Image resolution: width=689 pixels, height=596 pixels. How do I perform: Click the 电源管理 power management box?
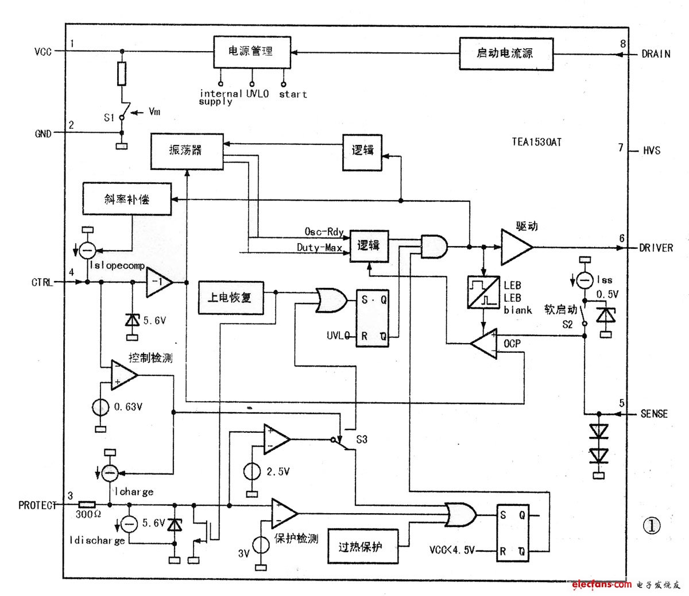click(251, 52)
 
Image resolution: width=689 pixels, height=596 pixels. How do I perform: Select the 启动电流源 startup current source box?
click(506, 54)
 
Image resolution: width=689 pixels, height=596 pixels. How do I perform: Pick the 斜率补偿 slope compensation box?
click(127, 199)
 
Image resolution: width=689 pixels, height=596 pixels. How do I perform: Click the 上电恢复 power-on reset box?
click(231, 298)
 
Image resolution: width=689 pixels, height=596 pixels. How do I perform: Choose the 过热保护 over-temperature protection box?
click(363, 546)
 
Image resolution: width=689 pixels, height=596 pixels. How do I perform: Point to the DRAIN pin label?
click(655, 55)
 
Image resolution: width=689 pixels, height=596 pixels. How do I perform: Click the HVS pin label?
click(650, 151)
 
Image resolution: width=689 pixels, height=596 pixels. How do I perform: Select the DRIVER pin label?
click(656, 248)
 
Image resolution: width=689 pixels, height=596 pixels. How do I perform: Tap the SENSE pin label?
click(654, 414)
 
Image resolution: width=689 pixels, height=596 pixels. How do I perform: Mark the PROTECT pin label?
click(38, 506)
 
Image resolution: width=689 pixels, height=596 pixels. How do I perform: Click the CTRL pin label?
click(42, 282)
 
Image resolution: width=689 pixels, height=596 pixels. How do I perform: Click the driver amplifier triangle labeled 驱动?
click(516, 248)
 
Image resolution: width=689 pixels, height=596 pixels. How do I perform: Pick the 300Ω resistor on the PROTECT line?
click(87, 505)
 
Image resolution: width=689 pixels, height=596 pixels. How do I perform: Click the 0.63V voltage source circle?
click(100, 407)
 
